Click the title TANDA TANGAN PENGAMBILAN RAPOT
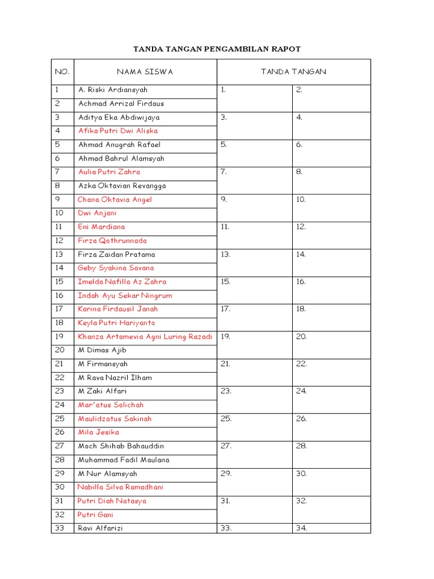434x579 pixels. [x=217, y=49]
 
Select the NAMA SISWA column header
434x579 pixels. [x=145, y=72]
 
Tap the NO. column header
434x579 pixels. [x=62, y=72]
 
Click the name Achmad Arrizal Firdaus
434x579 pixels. [x=121, y=103]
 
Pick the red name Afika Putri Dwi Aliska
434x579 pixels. [x=118, y=131]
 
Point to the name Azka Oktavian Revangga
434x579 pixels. [x=122, y=185]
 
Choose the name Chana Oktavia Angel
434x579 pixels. [x=115, y=200]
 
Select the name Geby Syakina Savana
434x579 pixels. [x=116, y=268]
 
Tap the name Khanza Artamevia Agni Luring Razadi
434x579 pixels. [x=145, y=336]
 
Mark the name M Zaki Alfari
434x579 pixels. [x=102, y=391]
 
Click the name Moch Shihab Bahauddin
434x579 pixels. [x=121, y=446]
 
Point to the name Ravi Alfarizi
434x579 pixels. [x=100, y=528]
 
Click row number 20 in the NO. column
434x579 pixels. [x=60, y=350]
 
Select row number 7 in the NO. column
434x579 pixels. [x=58, y=172]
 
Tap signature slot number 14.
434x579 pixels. [x=301, y=254]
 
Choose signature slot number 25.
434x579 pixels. [x=226, y=419]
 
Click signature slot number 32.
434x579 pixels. [x=301, y=501]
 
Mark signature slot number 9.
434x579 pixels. [x=224, y=200]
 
